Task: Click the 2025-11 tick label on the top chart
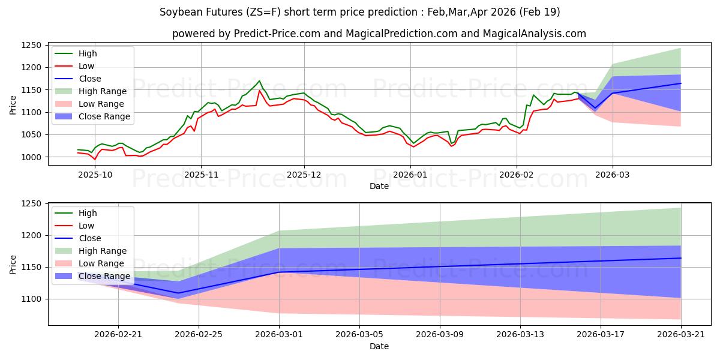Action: (201, 175)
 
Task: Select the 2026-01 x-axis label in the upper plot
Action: (410, 175)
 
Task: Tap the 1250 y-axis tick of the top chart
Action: (31, 46)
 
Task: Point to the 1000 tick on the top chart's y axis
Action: (31, 157)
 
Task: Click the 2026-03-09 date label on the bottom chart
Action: (440, 335)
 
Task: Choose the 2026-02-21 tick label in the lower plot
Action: (118, 335)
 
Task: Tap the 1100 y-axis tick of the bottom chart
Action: (31, 299)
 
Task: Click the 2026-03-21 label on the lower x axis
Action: (681, 335)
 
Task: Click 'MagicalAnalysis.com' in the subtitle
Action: (534, 34)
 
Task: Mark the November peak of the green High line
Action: (259, 80)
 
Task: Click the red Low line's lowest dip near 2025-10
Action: (95, 159)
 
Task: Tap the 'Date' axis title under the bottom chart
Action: (379, 346)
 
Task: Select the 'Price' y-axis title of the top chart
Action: (13, 105)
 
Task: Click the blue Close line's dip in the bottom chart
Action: (178, 293)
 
